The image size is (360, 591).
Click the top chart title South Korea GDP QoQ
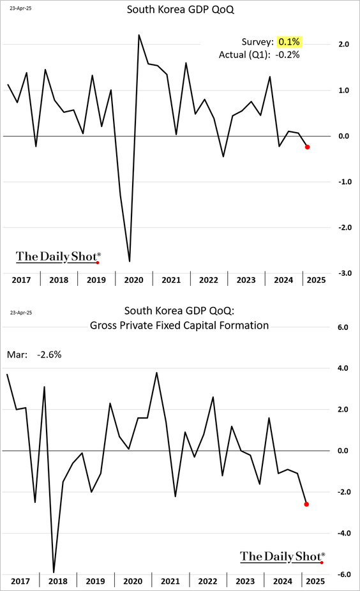pos(180,10)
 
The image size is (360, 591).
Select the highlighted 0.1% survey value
pos(289,41)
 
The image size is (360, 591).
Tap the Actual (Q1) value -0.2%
pos(287,55)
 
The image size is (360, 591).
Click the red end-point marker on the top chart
pos(307,147)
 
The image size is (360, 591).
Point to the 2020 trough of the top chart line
pos(130,261)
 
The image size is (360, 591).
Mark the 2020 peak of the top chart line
pos(139,35)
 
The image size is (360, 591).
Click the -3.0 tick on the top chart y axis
pos(344,273)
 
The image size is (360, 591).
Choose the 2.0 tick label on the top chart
pos(344,44)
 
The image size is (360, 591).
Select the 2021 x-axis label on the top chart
pos(171,280)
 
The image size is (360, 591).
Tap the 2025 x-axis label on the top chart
pos(316,280)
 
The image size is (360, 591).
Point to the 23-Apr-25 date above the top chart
pos(20,8)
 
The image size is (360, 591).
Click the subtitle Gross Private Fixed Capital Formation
pos(179,325)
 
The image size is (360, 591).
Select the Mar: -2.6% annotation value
pos(49,355)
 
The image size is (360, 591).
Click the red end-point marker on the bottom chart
pos(306,504)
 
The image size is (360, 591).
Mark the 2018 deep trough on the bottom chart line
pos(54,572)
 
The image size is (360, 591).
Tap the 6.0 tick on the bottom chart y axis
pos(343,327)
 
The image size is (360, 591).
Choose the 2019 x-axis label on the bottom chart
pos(95,581)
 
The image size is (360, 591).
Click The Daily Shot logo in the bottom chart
pos(282,557)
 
